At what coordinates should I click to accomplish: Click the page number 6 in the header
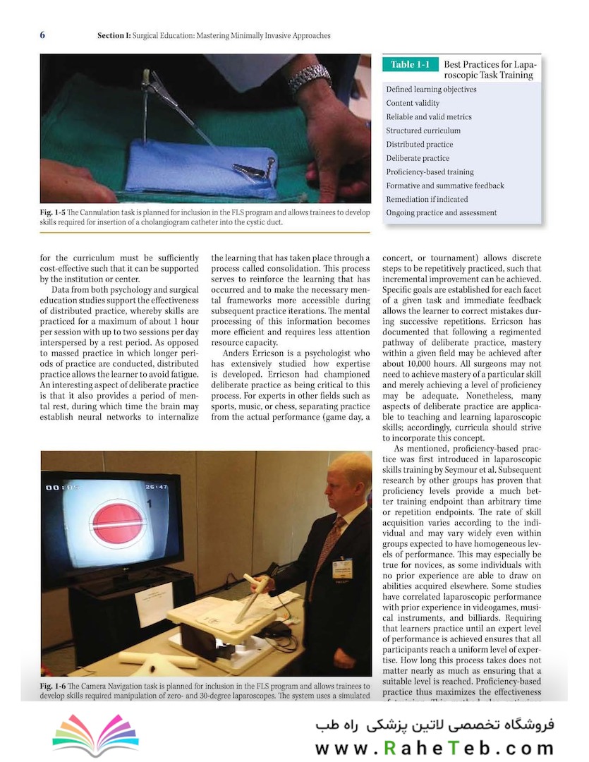(x=42, y=35)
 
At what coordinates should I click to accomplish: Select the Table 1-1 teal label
(x=410, y=65)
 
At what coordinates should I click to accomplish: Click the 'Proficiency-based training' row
(x=430, y=171)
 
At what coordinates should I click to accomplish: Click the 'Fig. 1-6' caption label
(x=54, y=685)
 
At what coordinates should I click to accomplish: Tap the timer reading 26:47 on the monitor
(x=157, y=487)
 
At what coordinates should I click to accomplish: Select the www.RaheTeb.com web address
(x=435, y=749)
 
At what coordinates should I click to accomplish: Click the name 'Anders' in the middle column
(x=237, y=353)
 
